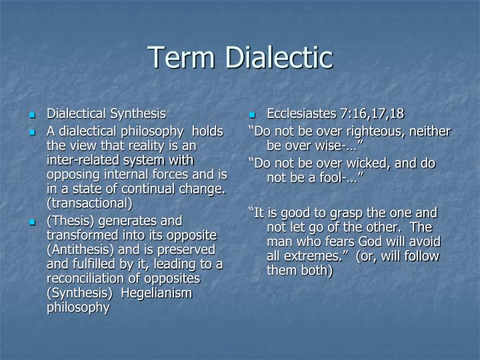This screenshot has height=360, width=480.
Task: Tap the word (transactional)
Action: click(x=89, y=203)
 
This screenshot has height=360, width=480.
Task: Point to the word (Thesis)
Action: click(x=70, y=220)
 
